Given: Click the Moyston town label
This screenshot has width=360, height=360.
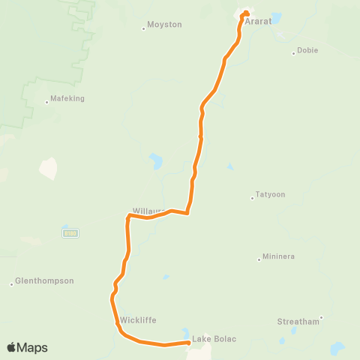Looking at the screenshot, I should tap(164, 25).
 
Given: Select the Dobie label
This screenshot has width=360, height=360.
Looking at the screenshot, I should tap(307, 50).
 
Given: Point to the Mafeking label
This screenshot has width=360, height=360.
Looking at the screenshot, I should tap(67, 98).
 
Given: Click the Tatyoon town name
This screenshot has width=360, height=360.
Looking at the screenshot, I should tap(270, 194).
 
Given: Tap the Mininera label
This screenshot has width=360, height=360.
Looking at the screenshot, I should tap(278, 256).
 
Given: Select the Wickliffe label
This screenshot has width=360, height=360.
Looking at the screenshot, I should tap(138, 320).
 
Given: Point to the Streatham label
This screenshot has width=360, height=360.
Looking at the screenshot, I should tap(298, 321).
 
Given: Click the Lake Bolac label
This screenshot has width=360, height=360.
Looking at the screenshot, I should tap(214, 339).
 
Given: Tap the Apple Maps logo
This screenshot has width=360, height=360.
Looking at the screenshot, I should tap(27, 347).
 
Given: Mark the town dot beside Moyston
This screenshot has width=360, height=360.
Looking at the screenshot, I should tap(143, 29).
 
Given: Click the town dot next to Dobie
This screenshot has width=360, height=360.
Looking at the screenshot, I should tap(293, 53).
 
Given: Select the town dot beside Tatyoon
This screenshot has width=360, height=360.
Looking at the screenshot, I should tap(252, 198).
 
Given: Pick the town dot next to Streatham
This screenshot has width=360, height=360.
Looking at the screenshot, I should tap(320, 318).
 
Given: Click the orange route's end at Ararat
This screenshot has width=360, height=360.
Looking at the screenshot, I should tap(245, 12).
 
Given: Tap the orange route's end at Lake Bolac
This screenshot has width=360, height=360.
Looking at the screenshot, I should tap(187, 343).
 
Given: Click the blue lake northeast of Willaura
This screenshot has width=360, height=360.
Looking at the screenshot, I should tap(156, 160).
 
